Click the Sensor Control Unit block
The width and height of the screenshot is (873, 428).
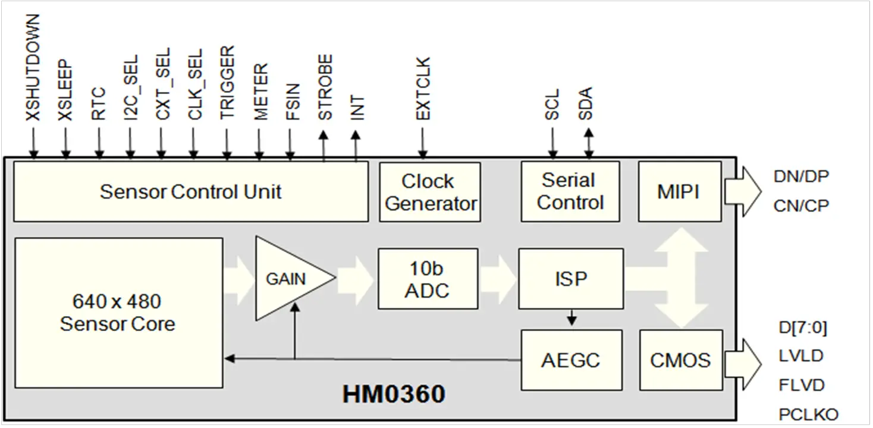click(x=190, y=192)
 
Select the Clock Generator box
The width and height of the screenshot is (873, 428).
click(x=430, y=192)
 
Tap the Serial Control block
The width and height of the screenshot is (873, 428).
click(x=570, y=191)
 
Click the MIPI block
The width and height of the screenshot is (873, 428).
click(x=679, y=191)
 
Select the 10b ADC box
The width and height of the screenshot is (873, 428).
click(x=428, y=279)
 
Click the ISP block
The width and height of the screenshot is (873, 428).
click(x=571, y=279)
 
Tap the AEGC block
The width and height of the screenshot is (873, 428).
click(x=571, y=360)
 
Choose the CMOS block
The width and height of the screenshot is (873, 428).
click(x=680, y=360)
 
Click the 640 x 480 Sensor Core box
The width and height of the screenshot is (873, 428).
click(x=118, y=313)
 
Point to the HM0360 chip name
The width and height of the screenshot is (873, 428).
click(x=394, y=394)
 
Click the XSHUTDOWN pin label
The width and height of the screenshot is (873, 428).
click(x=33, y=68)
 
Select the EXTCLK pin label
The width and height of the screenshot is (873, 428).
click(x=423, y=89)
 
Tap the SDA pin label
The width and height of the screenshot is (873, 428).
click(x=586, y=104)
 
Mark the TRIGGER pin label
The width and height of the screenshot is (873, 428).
click(x=227, y=83)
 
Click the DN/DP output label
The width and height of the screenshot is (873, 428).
click(x=800, y=177)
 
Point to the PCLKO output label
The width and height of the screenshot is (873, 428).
click(x=808, y=414)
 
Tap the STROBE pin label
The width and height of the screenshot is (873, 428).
click(x=325, y=87)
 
